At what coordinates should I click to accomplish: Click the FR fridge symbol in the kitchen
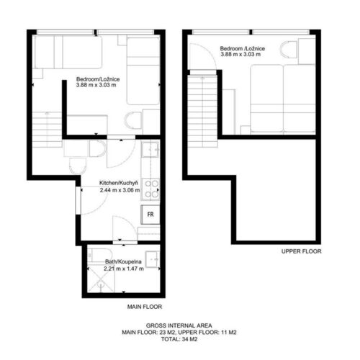(x=150, y=215)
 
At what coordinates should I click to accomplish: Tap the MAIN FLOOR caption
(x=145, y=307)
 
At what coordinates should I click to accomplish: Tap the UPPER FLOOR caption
(x=301, y=251)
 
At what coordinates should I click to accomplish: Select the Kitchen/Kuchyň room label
(x=119, y=183)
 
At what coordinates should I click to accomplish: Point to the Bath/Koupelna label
(x=123, y=261)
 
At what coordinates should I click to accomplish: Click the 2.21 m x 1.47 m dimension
(x=124, y=269)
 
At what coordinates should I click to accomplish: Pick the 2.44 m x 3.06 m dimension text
(x=120, y=190)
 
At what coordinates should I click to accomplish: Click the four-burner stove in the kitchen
(x=150, y=189)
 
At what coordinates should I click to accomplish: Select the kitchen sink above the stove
(x=150, y=149)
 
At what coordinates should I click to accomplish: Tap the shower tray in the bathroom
(x=102, y=279)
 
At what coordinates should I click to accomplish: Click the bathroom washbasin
(x=153, y=259)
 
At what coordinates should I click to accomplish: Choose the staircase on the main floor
(x=48, y=130)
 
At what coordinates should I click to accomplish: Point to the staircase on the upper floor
(x=203, y=111)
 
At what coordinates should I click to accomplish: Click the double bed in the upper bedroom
(x=283, y=99)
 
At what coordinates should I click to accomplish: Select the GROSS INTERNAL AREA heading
(x=179, y=325)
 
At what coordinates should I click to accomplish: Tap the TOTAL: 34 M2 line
(x=179, y=339)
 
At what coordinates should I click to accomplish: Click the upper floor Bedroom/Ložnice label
(x=243, y=48)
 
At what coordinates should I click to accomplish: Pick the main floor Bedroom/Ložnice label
(x=98, y=79)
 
